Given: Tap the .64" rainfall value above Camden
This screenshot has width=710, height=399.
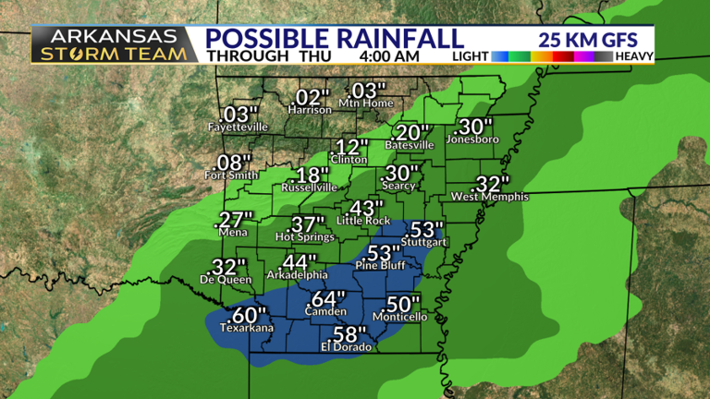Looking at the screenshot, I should pos(327,299).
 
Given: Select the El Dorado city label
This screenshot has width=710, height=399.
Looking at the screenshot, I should pos(346,346).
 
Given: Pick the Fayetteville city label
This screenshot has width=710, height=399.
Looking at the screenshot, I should pos(238,126).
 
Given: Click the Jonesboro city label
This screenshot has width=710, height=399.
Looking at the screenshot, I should pos(472,139).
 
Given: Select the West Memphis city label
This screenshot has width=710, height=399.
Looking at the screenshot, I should pos(489,197).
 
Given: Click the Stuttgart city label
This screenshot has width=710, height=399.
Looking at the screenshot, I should pos(423,243).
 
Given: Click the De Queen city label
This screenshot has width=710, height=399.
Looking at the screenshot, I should pos(220,279).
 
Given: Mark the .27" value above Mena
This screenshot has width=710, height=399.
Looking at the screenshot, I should pos(233,220).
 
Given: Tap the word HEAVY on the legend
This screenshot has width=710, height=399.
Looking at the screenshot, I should pos(633,56).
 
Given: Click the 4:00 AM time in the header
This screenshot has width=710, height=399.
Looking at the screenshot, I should pos(389,55).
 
